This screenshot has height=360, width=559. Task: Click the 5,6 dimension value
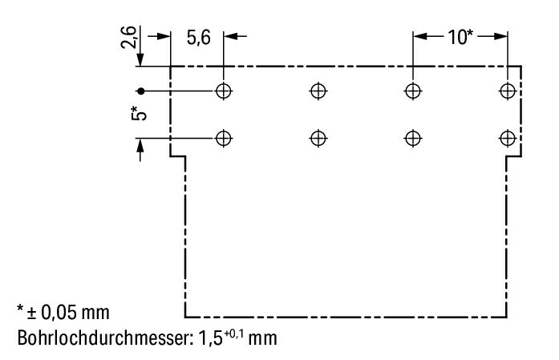click(199, 38)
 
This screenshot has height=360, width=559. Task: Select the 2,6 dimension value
click(128, 37)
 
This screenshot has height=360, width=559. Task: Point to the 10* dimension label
click(460, 37)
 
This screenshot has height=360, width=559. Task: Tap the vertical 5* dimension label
click(139, 113)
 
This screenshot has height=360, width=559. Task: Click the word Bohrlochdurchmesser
click(104, 338)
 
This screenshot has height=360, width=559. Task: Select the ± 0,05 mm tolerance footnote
click(63, 312)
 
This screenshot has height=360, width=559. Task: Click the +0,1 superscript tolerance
click(234, 334)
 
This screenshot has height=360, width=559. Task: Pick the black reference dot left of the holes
click(141, 91)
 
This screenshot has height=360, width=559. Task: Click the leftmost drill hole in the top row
click(224, 91)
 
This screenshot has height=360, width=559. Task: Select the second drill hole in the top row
click(318, 91)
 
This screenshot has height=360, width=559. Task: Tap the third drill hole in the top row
click(413, 91)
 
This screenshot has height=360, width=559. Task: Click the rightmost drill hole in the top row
click(508, 91)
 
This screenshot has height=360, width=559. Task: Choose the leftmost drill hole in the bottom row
click(224, 138)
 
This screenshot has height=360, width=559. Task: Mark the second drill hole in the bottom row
click(318, 138)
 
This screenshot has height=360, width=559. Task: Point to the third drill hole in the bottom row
click(413, 138)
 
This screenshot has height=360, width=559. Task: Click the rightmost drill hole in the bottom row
click(508, 138)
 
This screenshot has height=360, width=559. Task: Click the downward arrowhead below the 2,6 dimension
click(140, 59)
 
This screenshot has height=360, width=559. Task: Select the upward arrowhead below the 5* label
click(140, 145)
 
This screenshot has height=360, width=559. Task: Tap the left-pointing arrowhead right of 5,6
click(230, 36)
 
